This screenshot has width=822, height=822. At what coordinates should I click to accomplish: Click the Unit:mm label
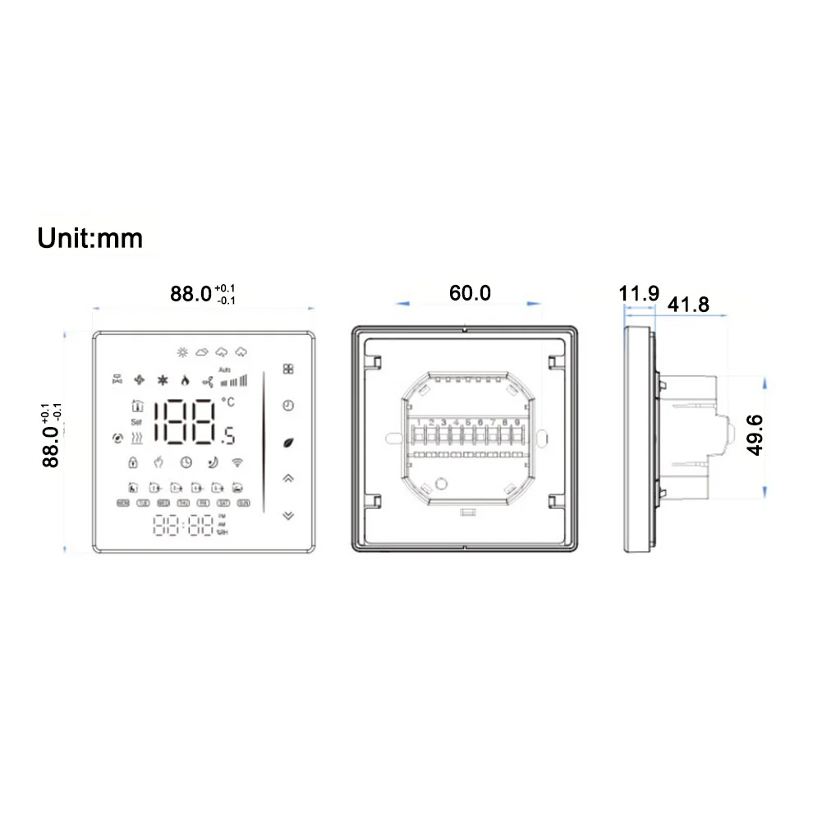(90, 238)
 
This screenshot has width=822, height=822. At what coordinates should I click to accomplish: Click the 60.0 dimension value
(469, 292)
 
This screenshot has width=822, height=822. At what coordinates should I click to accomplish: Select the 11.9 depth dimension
(640, 292)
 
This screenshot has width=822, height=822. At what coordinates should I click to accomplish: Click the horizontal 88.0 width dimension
(192, 294)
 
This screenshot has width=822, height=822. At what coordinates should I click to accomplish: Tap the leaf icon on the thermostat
(287, 442)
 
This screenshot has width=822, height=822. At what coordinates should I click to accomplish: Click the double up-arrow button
(287, 478)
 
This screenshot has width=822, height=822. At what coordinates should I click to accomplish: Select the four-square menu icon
(287, 370)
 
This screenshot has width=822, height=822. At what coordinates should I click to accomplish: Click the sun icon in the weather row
(181, 352)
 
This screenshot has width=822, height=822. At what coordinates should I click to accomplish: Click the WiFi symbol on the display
(238, 462)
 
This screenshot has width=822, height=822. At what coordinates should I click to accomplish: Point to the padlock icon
(131, 462)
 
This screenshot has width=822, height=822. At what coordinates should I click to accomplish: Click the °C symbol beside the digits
(227, 402)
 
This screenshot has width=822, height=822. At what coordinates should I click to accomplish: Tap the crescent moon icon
(212, 462)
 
